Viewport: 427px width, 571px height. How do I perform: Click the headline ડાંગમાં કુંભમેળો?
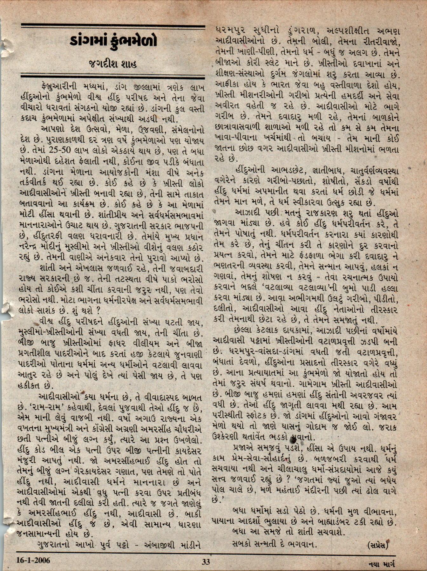[x=113, y=41]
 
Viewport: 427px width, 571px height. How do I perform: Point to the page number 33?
[x=206, y=561]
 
